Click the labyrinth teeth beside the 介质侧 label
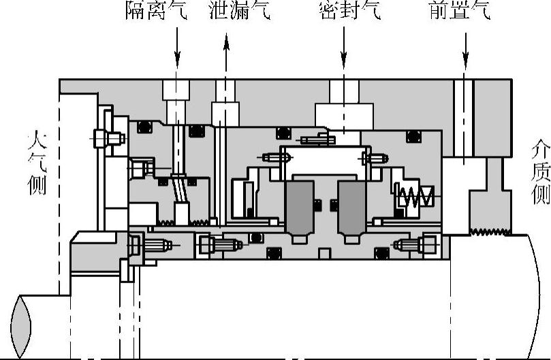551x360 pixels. click(x=489, y=231)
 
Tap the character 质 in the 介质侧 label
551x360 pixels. click(x=539, y=171)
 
